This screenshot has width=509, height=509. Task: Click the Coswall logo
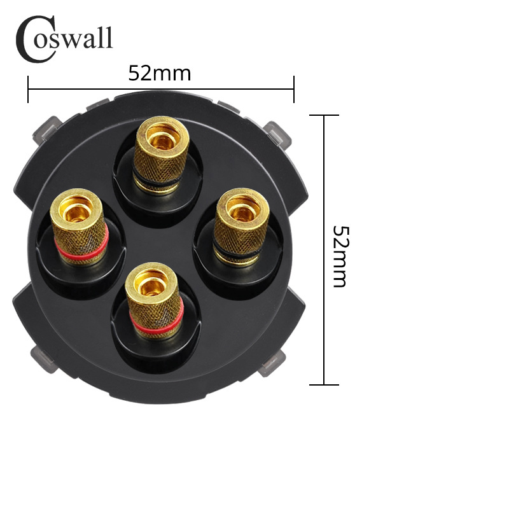pos(64,39)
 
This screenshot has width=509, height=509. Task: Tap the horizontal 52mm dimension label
pos(160,73)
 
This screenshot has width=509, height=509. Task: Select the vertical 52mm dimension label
pos(341,256)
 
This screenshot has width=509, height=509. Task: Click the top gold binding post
pos(162,155)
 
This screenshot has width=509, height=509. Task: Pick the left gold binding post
pos(79,227)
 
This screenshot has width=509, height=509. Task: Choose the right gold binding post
pos(241,227)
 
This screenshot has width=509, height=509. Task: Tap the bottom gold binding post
pos(155,300)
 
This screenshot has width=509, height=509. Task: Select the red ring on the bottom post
pos(157,324)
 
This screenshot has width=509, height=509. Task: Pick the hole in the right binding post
pos(242,210)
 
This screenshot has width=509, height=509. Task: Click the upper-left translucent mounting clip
pos(47,130)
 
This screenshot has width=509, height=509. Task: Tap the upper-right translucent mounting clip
pos(277,134)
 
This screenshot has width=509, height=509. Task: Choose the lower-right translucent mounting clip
pos(272,363)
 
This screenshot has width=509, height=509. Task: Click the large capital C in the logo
pos(36,39)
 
